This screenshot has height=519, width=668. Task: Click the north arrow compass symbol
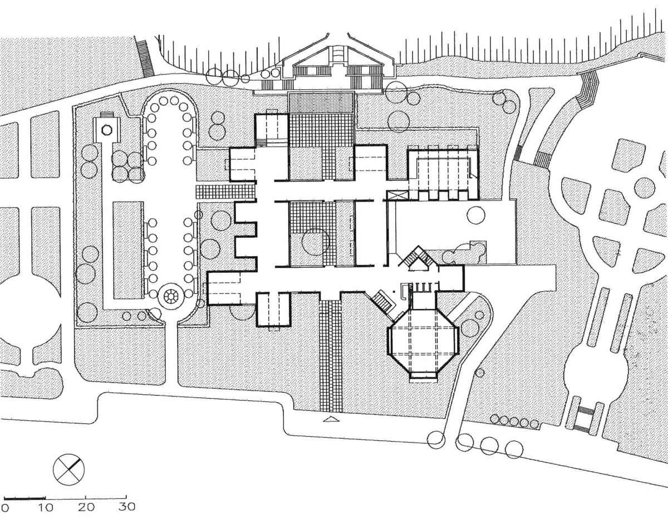(68, 469)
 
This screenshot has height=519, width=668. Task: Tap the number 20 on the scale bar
(86, 507)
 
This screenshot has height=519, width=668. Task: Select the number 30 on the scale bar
(127, 507)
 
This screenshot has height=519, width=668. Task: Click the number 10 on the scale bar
(46, 507)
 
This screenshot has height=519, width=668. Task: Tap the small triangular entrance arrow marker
(331, 419)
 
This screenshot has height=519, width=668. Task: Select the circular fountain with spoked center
(170, 296)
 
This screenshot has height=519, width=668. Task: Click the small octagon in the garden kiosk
(107, 129)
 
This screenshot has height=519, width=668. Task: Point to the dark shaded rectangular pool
(320, 102)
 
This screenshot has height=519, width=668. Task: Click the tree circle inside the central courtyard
(316, 242)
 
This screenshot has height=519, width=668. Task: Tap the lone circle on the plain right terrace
(475, 215)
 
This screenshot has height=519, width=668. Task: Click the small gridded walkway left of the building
(225, 193)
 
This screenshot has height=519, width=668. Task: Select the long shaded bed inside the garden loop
(129, 250)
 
